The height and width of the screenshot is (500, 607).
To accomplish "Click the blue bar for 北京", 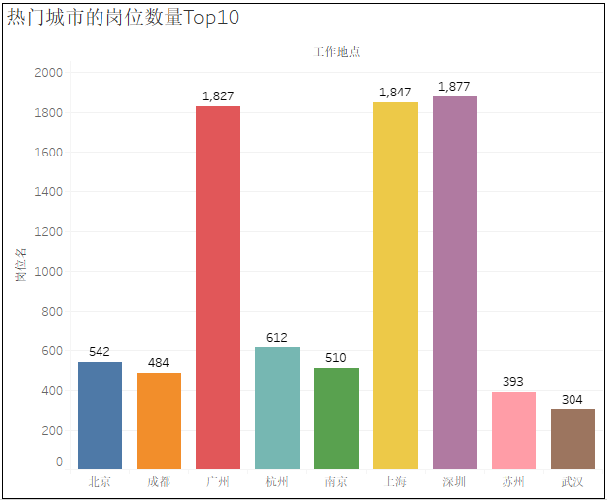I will click(100, 415).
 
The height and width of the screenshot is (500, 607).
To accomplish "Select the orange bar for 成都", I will click(159, 421).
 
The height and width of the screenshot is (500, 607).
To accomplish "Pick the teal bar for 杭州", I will click(277, 408).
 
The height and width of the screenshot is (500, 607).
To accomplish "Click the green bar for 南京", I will click(336, 418).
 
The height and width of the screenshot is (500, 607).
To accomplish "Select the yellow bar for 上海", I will click(395, 285).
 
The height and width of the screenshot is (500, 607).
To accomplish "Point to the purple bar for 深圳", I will click(454, 282).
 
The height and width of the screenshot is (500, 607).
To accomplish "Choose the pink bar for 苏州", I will click(513, 430).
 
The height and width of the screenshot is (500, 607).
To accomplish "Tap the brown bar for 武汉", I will click(573, 439).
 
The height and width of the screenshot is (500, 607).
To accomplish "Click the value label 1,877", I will click(454, 87).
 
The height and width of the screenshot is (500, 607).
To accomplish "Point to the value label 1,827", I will click(218, 96).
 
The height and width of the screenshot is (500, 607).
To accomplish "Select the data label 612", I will click(277, 338).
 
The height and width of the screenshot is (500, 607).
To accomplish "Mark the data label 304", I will click(573, 400).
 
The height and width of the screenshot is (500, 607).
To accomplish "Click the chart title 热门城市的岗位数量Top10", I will click(123, 18).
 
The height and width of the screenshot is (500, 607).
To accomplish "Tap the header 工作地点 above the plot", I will click(337, 52).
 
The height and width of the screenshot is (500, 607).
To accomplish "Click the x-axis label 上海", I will click(395, 482).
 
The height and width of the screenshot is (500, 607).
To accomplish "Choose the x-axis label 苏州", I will click(513, 482).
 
